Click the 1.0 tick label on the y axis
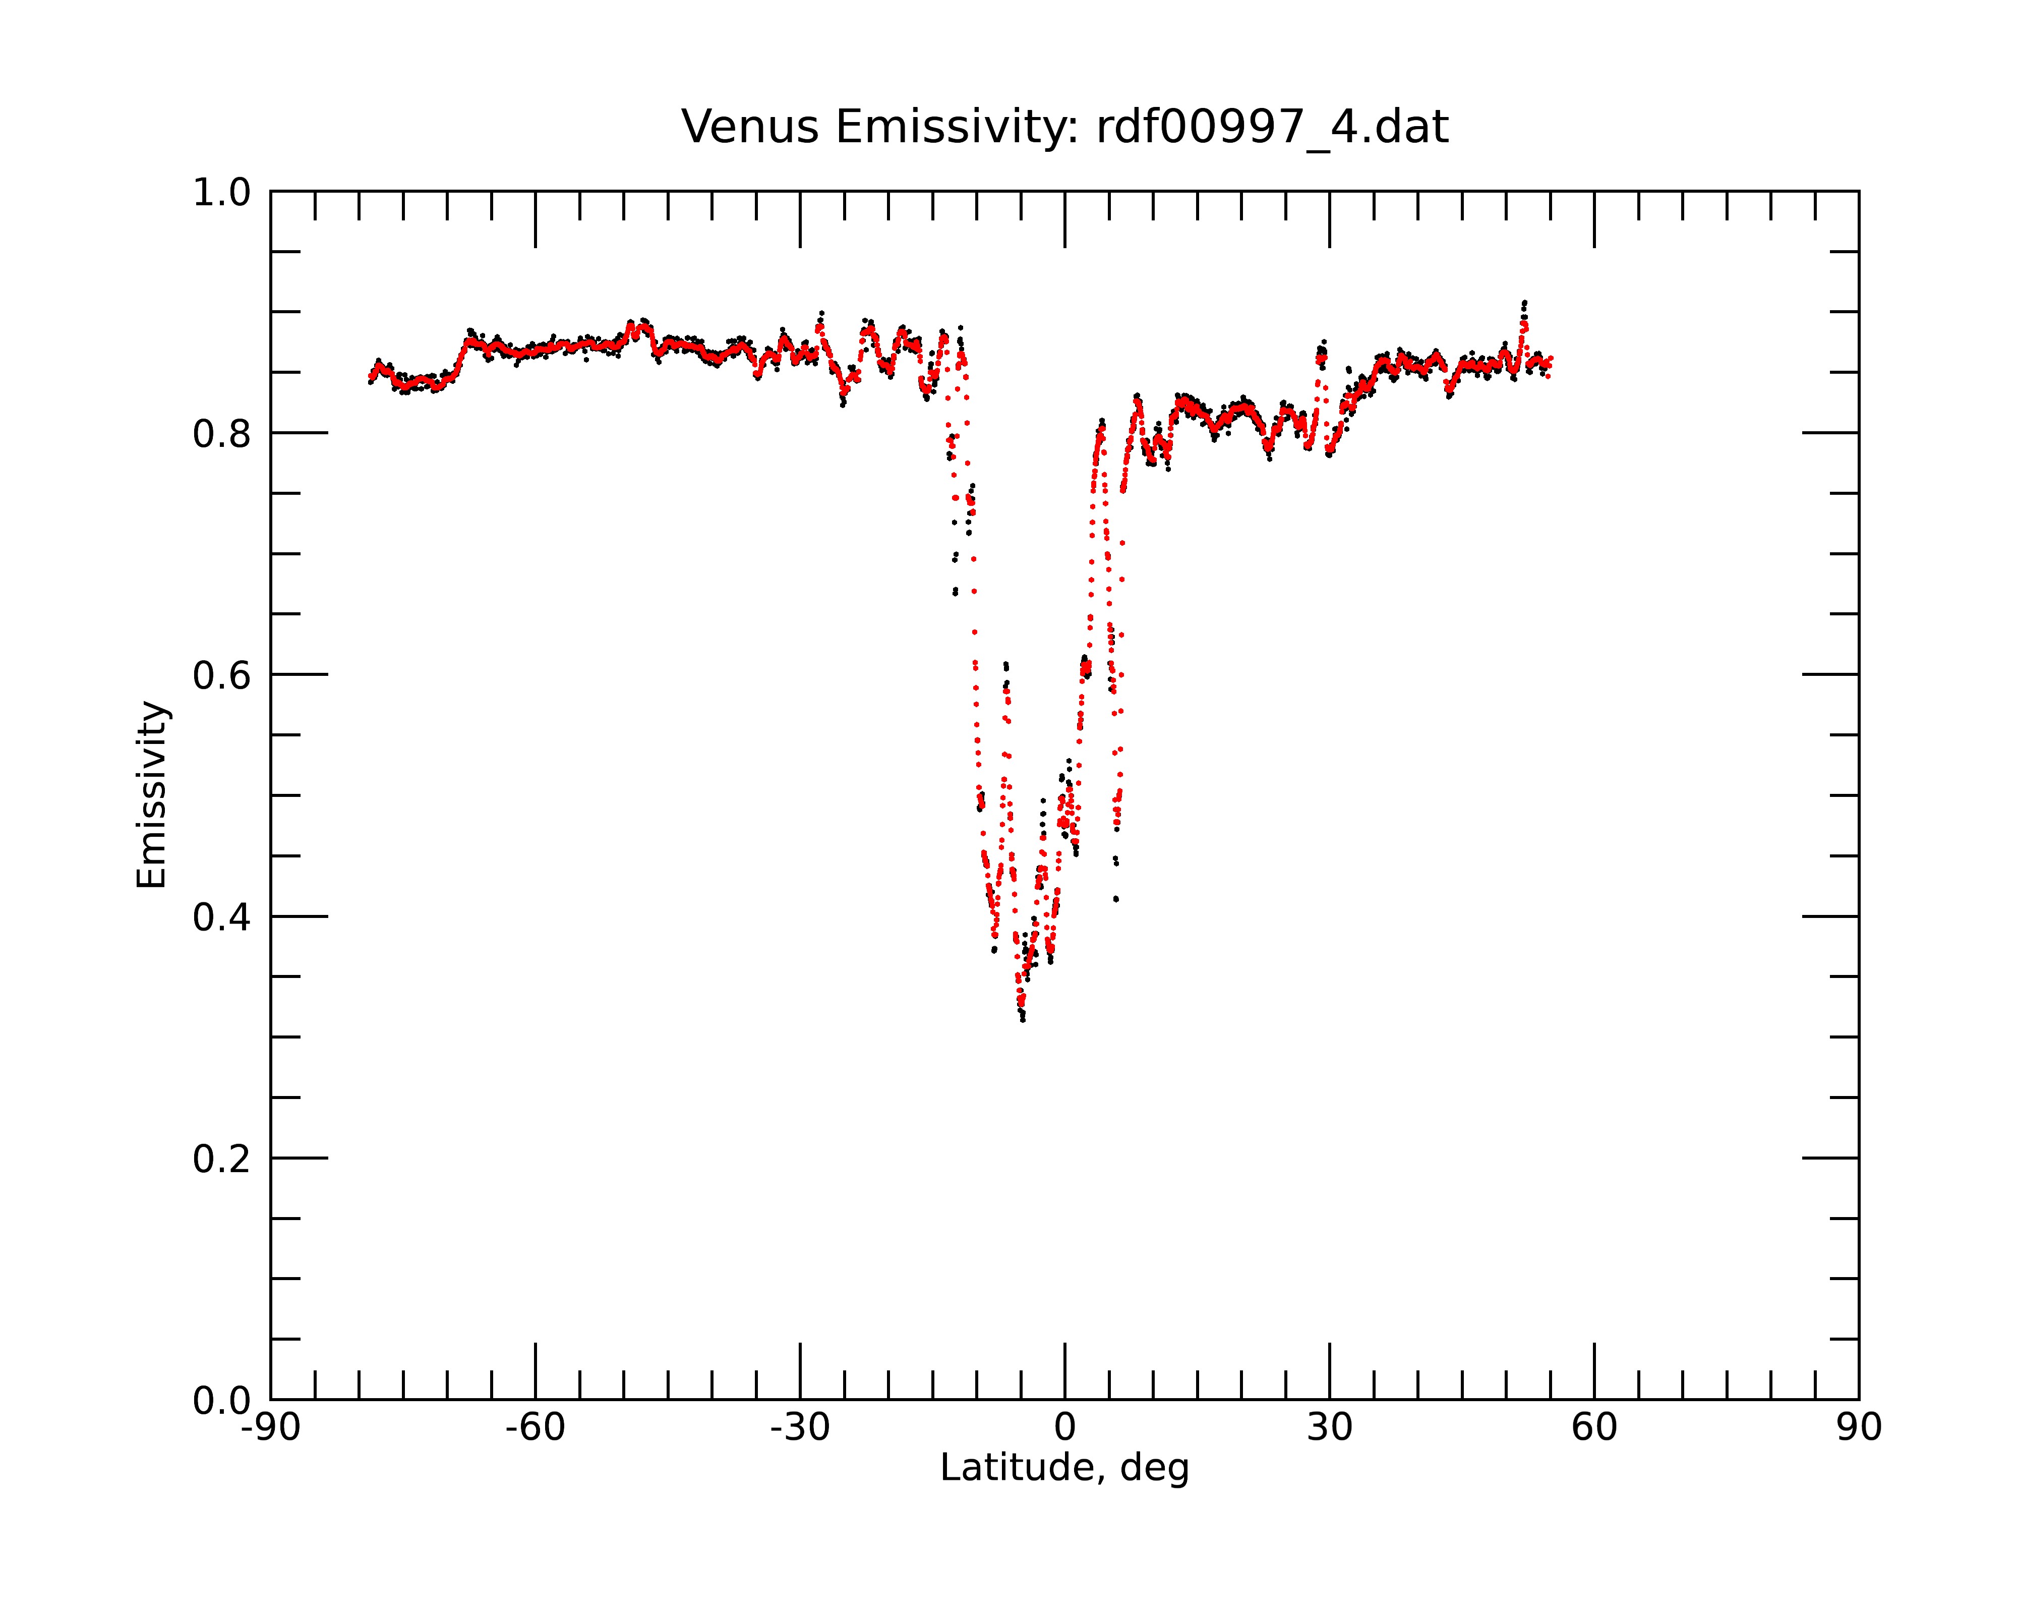(222, 194)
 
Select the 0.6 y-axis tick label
(222, 675)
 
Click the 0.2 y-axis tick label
(222, 1159)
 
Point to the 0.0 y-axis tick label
(222, 1401)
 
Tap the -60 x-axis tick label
(535, 1428)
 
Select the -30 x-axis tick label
(800, 1428)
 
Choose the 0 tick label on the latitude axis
(1064, 1428)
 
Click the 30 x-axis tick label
(1329, 1428)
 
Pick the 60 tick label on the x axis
(1594, 1428)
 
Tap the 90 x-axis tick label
(1859, 1428)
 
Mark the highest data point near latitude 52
(1525, 302)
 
